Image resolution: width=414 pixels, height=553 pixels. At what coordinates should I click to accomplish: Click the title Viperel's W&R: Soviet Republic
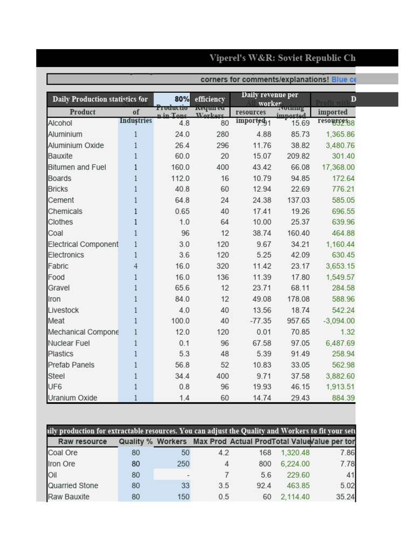click(282, 58)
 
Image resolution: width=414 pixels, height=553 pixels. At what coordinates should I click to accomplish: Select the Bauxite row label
click(60, 156)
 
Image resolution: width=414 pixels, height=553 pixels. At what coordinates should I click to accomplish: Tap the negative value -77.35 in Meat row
click(260, 321)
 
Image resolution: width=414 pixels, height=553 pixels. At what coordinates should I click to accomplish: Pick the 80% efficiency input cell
click(182, 99)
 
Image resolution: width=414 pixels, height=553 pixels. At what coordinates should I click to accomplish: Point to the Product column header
click(82, 112)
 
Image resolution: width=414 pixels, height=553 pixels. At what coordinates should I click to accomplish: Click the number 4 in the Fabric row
click(136, 266)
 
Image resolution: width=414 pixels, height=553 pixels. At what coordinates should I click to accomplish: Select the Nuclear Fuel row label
click(68, 343)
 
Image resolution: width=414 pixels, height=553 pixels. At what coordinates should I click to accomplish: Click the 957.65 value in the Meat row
click(297, 321)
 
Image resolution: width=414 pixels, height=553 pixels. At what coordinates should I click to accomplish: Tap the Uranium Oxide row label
click(73, 398)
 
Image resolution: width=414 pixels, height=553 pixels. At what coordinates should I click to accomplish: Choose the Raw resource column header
click(82, 442)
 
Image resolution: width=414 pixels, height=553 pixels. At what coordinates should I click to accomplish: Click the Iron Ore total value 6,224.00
click(295, 464)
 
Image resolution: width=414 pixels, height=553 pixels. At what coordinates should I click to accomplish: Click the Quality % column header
click(136, 442)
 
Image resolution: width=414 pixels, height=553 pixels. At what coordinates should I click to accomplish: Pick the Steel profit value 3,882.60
click(340, 376)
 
